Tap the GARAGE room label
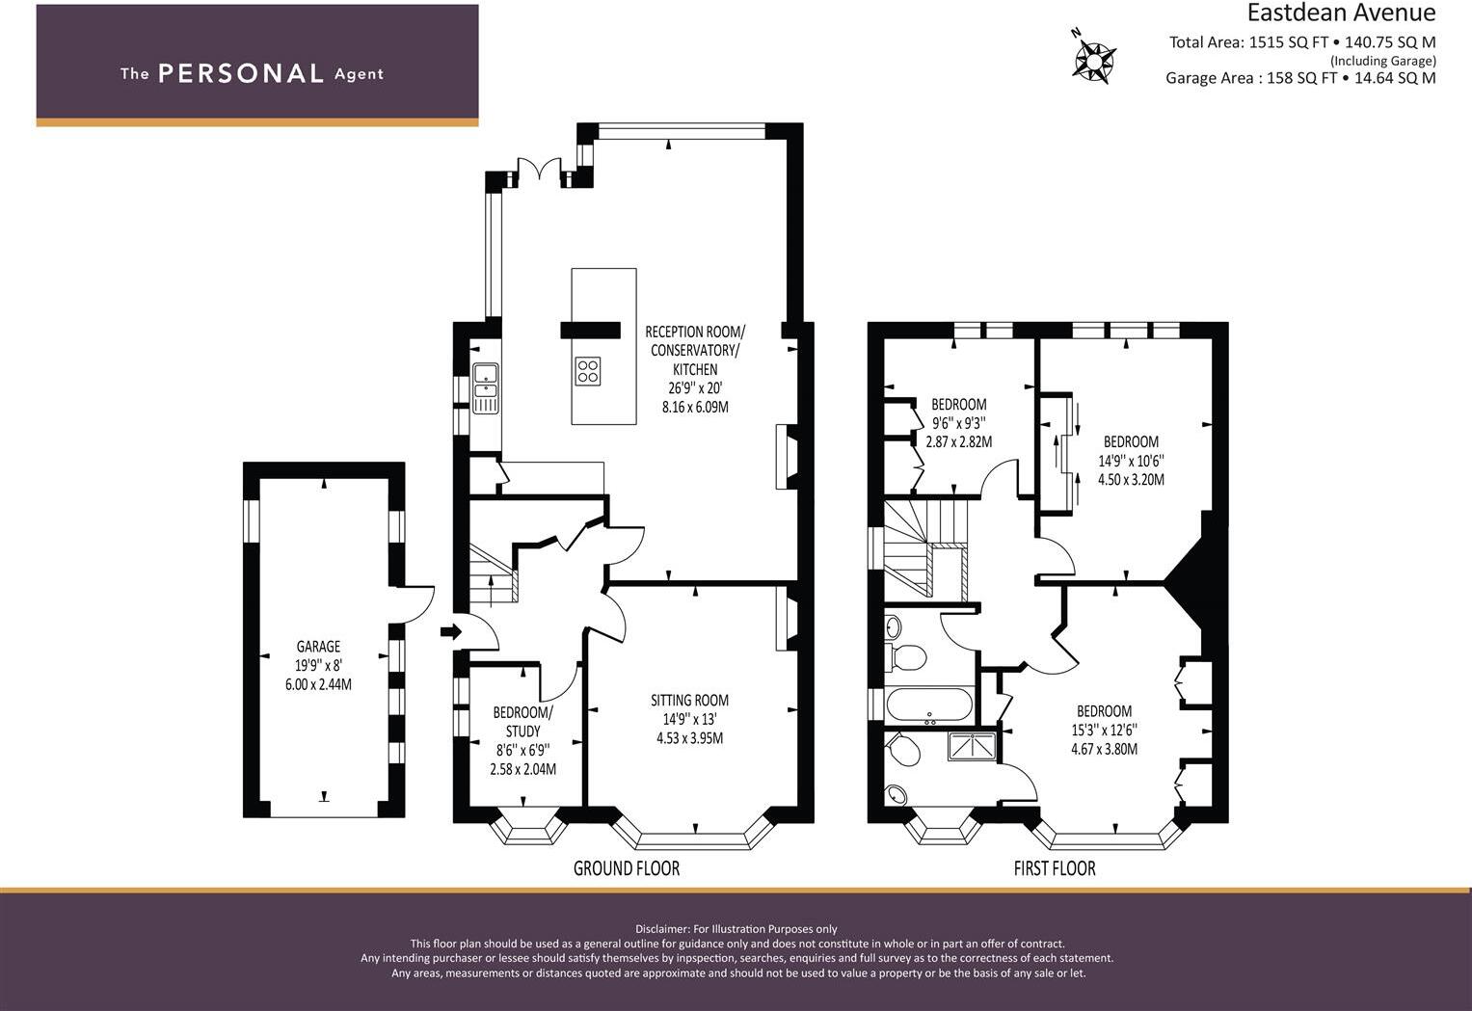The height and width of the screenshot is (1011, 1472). [318, 647]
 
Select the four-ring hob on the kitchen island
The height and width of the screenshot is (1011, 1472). [588, 370]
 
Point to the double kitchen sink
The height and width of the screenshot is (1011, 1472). [485, 387]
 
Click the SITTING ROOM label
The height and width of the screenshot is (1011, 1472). [689, 701]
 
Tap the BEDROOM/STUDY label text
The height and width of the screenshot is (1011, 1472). [522, 722]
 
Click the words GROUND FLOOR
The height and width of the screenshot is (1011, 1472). [627, 868]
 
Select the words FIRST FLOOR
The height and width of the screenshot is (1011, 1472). [1055, 868]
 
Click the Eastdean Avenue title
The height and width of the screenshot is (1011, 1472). [1341, 13]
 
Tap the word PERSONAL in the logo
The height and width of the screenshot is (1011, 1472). [241, 73]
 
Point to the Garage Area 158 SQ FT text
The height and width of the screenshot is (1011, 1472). [1250, 78]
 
